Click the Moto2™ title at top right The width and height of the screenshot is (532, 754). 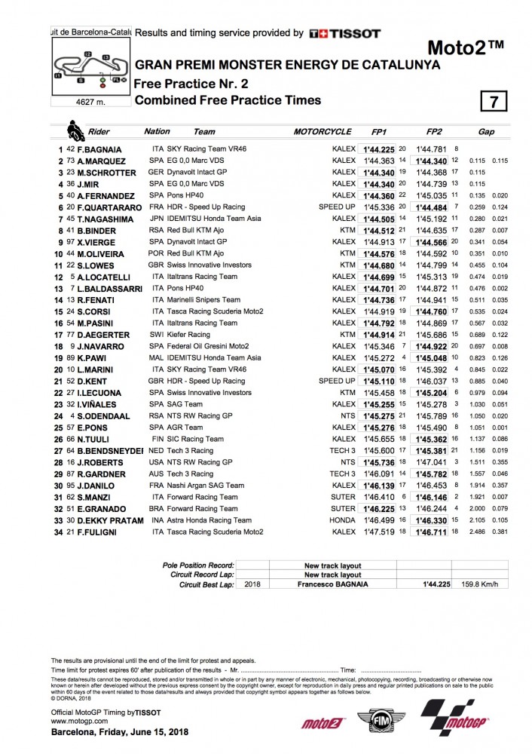(x=466, y=48)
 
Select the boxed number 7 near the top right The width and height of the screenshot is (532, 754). (x=494, y=102)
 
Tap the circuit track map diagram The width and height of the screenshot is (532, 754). (x=88, y=67)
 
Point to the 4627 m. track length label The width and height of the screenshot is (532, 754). (x=88, y=101)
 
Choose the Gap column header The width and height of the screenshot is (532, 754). (x=486, y=132)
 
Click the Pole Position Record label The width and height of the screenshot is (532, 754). (x=198, y=565)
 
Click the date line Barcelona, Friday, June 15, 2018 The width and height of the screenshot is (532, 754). (x=112, y=733)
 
